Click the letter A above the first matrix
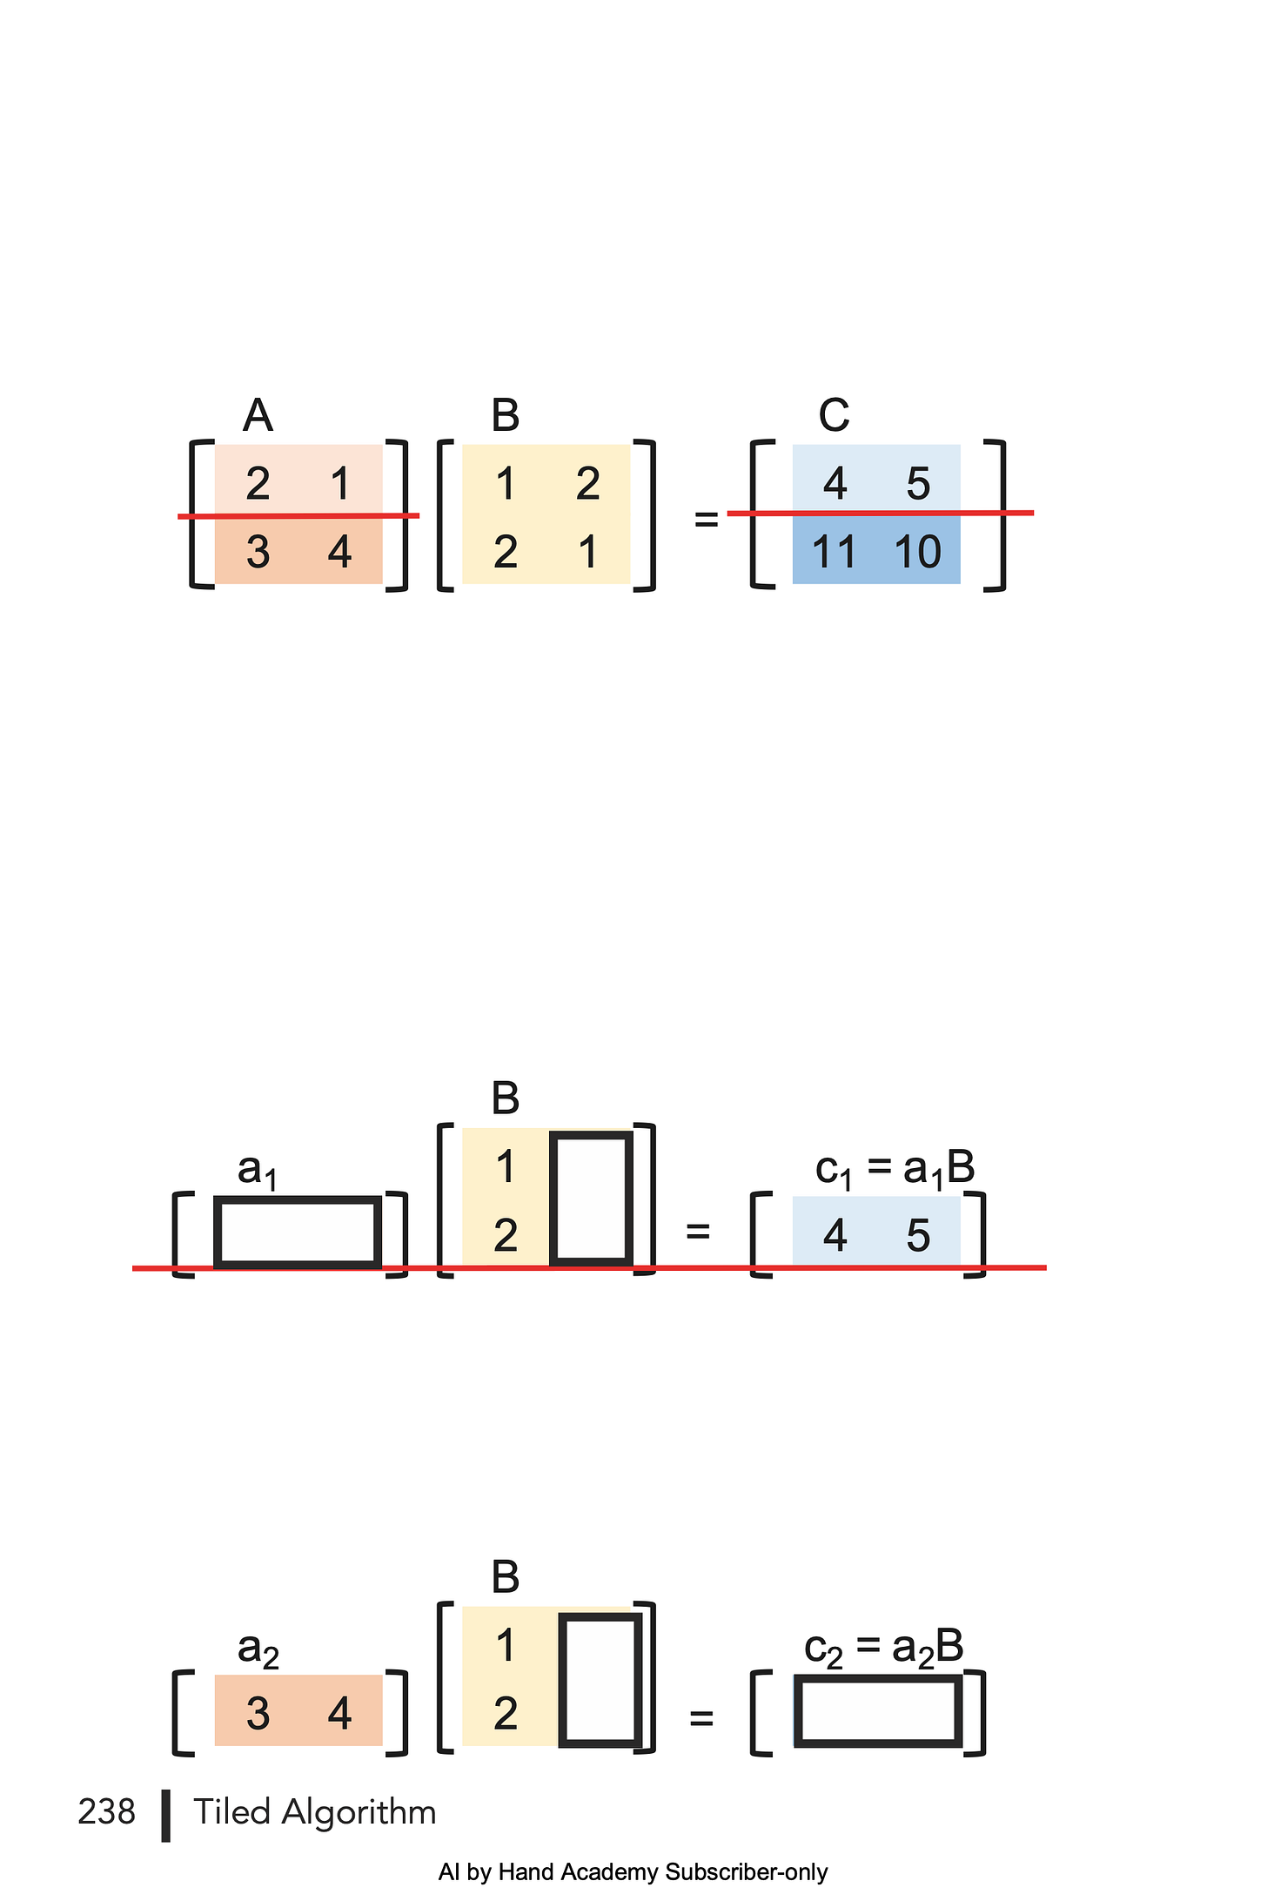(x=258, y=415)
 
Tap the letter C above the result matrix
(x=834, y=415)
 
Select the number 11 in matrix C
(x=834, y=552)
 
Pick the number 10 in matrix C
(x=917, y=552)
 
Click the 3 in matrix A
(x=258, y=552)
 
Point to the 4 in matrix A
(x=339, y=552)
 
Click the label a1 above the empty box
(x=258, y=1170)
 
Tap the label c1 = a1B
(x=895, y=1170)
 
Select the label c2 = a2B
(x=884, y=1649)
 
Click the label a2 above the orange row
(x=258, y=1649)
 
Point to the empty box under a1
(x=298, y=1232)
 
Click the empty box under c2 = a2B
(x=878, y=1712)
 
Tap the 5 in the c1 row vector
(x=918, y=1236)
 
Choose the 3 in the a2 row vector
(x=258, y=1713)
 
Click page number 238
(x=106, y=1812)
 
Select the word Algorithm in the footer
(x=359, y=1812)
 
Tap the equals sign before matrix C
(x=707, y=520)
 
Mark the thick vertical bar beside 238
(x=165, y=1816)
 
